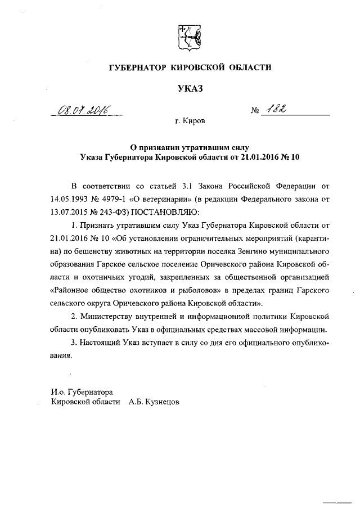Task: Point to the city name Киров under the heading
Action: pos(194,121)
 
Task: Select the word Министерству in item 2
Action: pos(114,316)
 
